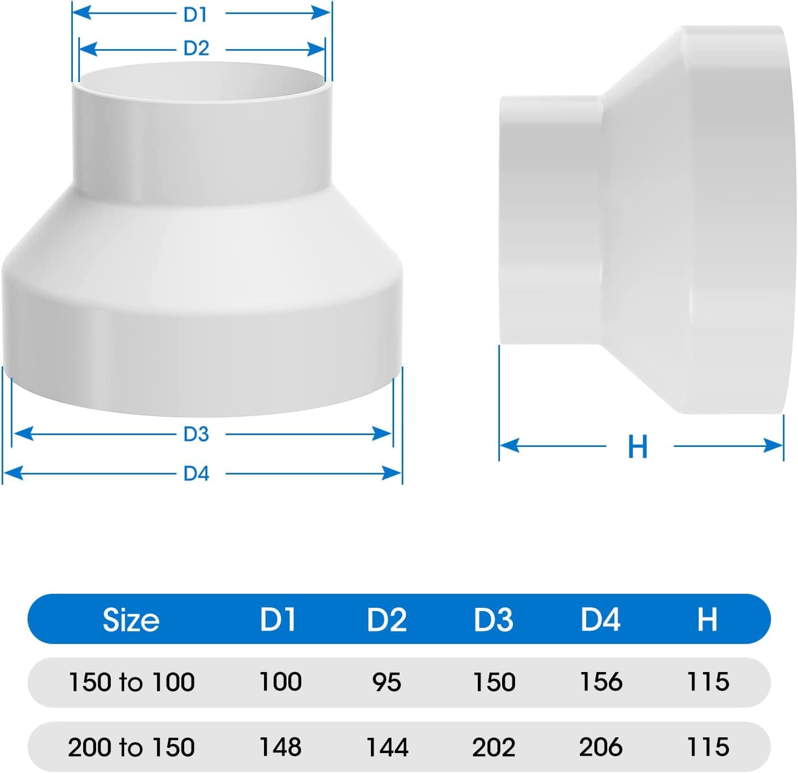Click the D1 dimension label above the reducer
click(x=195, y=15)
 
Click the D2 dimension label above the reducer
click(x=196, y=49)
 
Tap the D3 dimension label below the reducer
click(x=196, y=434)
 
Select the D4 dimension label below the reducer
click(x=196, y=473)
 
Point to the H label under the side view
click(x=638, y=447)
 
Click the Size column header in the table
click(x=131, y=620)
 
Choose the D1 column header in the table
click(x=278, y=619)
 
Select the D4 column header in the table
click(x=600, y=619)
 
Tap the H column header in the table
click(x=707, y=619)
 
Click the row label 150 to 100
click(x=131, y=682)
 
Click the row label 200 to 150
click(x=131, y=748)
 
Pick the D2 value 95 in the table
click(x=387, y=682)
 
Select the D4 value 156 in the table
click(x=601, y=682)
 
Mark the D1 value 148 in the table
click(x=280, y=747)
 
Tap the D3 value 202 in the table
click(x=493, y=748)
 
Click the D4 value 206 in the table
click(x=601, y=748)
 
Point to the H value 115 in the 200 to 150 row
click(x=708, y=748)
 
